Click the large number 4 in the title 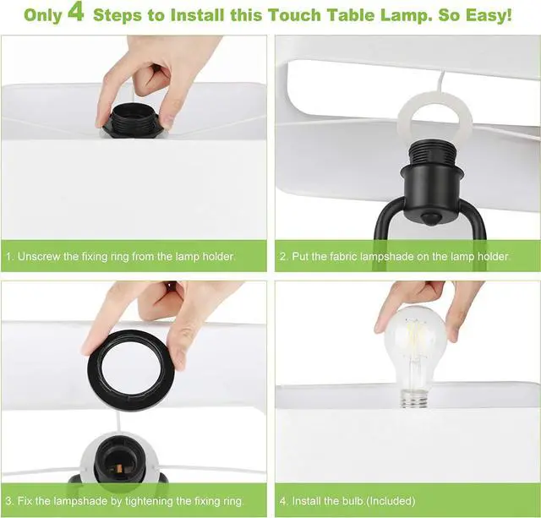75,14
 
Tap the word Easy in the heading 484,15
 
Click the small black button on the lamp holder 434,219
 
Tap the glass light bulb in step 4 413,346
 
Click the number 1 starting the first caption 8,256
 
